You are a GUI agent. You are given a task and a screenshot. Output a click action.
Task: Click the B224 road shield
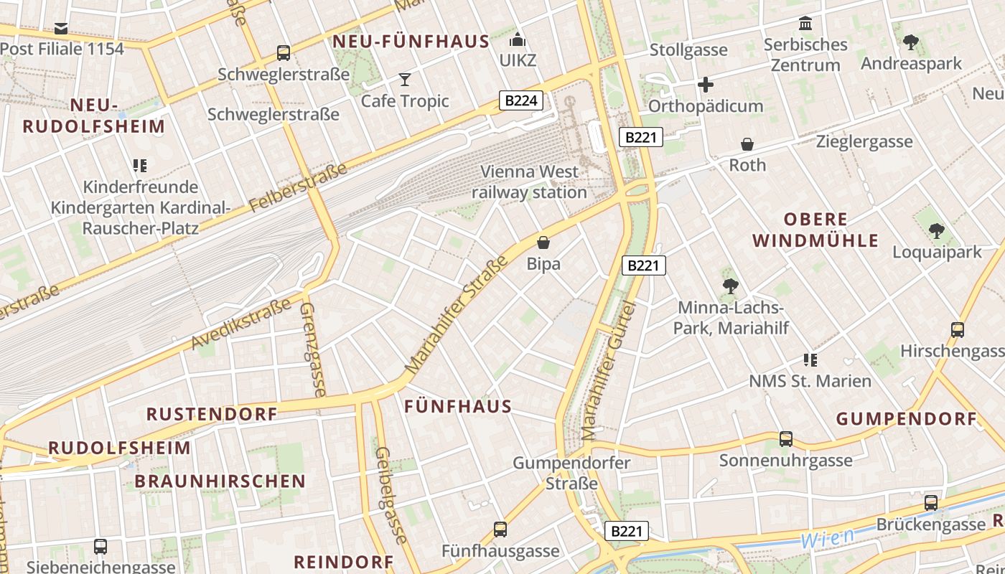[521, 100]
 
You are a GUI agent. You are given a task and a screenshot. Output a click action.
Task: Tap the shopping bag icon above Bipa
[543, 243]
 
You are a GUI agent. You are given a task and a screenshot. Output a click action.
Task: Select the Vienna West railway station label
[529, 182]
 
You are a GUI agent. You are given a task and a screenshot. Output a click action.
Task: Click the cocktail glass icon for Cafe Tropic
[405, 79]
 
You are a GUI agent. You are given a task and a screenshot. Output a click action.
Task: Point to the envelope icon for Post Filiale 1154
[61, 29]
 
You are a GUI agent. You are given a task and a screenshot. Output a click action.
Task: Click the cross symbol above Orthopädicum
[706, 85]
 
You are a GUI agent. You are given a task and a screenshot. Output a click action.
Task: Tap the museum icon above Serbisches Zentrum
[805, 24]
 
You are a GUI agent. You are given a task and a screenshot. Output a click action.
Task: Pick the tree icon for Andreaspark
[911, 42]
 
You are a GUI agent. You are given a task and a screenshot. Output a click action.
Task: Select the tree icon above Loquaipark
[936, 231]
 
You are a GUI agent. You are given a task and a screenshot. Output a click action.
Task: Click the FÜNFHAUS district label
[458, 407]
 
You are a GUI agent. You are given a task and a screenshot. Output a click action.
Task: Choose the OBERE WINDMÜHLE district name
[815, 230]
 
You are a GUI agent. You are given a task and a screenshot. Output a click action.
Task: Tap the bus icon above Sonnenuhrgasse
[786, 438]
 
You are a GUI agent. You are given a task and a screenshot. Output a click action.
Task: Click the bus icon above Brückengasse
[931, 502]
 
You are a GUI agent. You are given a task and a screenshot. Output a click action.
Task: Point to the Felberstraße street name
[299, 189]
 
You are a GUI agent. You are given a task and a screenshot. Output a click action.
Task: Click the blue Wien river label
[828, 537]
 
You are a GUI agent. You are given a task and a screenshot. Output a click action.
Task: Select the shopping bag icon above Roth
[747, 144]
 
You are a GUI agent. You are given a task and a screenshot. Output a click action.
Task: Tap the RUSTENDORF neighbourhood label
[212, 414]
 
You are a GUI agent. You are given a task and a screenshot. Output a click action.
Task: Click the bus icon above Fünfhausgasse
[500, 530]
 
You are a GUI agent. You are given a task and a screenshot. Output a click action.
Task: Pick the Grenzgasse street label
[312, 348]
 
